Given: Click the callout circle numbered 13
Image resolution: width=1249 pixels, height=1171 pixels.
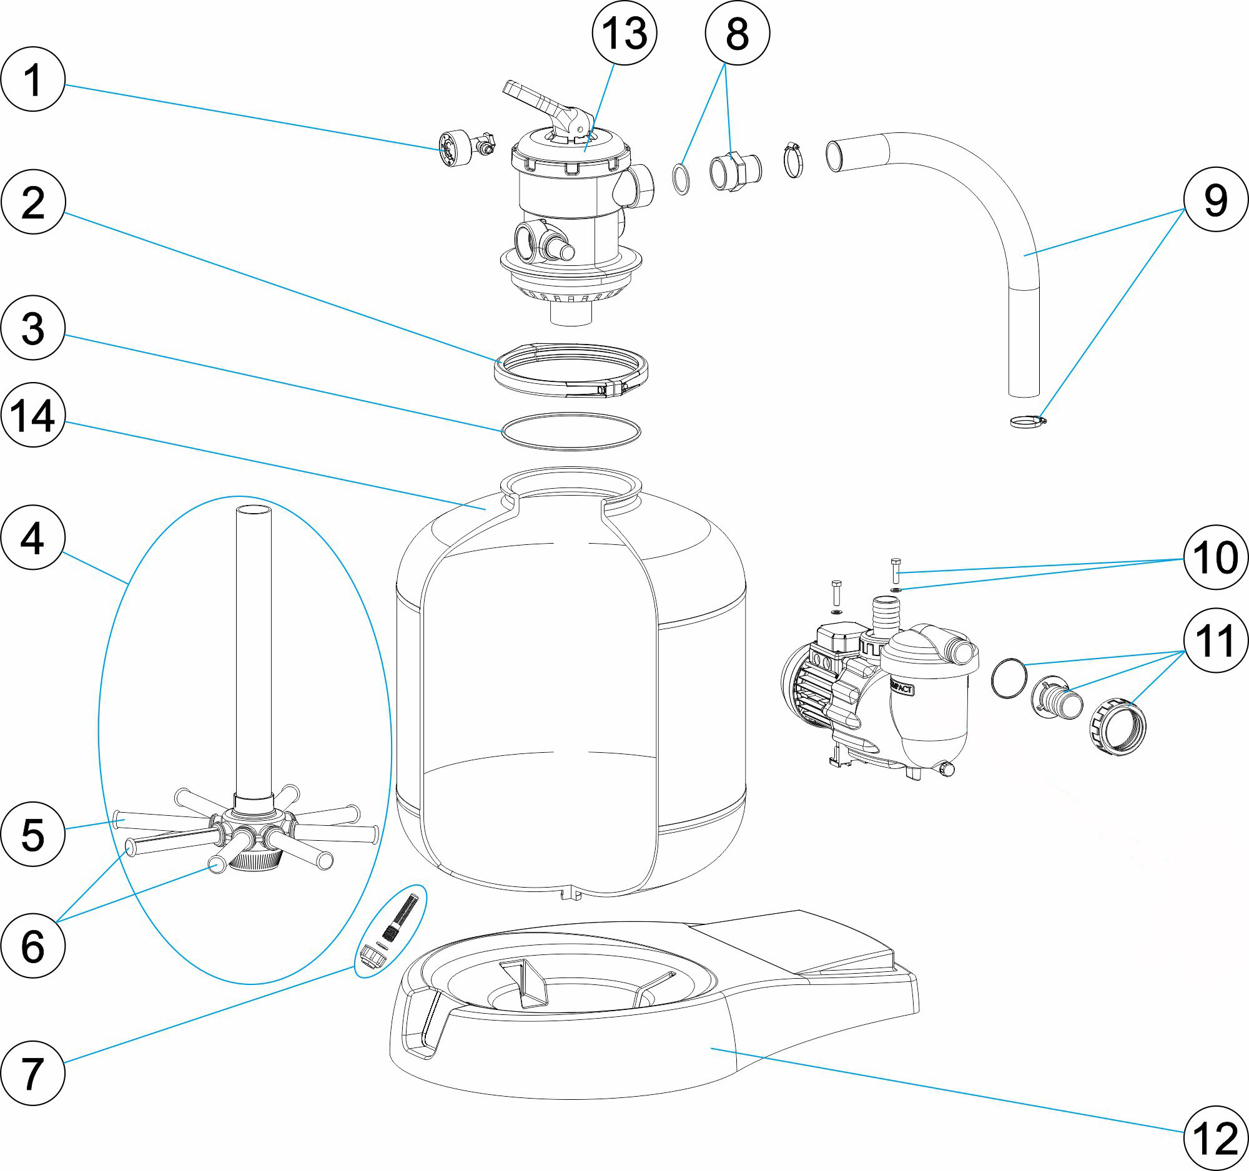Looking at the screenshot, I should click(624, 32).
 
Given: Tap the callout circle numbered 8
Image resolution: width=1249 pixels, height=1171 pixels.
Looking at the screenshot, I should click(737, 32).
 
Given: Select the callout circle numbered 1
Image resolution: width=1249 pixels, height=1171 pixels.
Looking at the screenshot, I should click(32, 79).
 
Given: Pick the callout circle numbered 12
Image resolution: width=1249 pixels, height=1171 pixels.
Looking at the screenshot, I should click(1215, 1137).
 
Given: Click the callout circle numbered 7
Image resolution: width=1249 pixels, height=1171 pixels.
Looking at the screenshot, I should click(32, 1073).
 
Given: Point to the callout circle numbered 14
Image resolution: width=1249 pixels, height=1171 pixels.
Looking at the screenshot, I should click(32, 415).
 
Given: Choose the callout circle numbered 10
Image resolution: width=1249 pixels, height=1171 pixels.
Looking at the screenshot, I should click(1215, 557).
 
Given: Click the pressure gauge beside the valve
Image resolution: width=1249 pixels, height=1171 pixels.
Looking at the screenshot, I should click(454, 148).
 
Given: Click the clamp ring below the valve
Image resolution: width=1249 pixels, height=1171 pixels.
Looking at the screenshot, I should click(570, 370).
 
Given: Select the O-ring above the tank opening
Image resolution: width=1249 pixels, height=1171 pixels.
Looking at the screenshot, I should click(570, 431).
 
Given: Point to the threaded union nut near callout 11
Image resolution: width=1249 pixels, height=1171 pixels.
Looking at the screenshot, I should click(1117, 727).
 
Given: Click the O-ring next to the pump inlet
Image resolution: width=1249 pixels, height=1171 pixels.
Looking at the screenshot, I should click(1009, 677).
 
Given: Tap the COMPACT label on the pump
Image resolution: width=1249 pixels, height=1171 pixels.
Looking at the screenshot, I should click(901, 688).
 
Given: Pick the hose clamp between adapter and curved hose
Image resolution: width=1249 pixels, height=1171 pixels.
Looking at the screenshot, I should click(794, 161).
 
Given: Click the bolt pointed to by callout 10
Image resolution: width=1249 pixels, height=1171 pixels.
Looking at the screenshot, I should click(896, 569).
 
